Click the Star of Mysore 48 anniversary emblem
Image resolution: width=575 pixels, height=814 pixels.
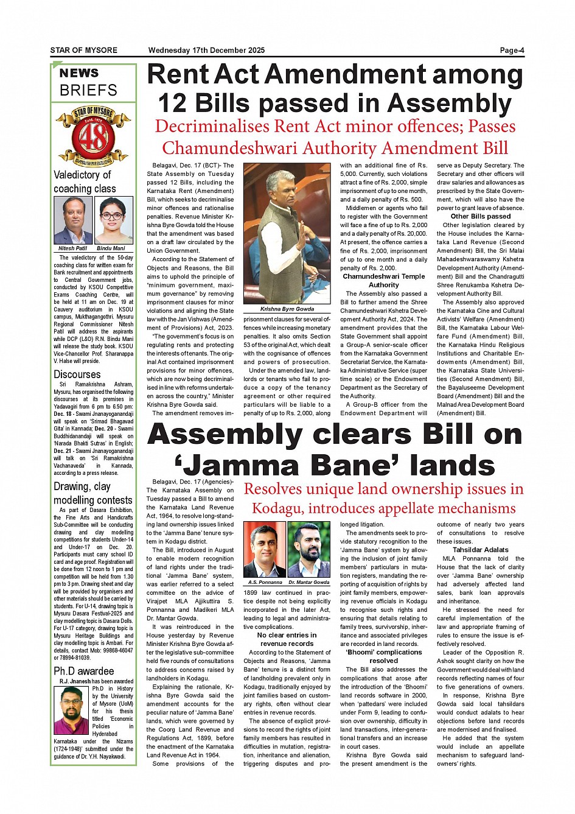pyautogui.click(x=94, y=136)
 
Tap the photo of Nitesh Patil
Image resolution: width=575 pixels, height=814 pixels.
pyautogui.click(x=73, y=220)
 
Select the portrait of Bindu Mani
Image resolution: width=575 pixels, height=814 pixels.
pyautogui.click(x=114, y=220)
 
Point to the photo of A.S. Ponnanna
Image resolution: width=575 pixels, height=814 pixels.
pyautogui.click(x=265, y=550)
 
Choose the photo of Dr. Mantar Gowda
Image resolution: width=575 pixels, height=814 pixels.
pyautogui.click(x=308, y=550)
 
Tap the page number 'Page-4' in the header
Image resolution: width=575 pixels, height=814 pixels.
pyautogui.click(x=511, y=51)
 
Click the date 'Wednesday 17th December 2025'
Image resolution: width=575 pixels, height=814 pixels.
pyautogui.click(x=206, y=51)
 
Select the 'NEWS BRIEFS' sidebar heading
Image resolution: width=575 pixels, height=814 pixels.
pyautogui.click(x=89, y=82)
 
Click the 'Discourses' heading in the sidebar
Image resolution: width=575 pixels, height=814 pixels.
pyautogui.click(x=77, y=374)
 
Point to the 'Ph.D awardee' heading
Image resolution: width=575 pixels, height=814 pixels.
pyautogui.click(x=84, y=671)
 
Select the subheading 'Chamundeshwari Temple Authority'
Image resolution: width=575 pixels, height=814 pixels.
pyautogui.click(x=383, y=280)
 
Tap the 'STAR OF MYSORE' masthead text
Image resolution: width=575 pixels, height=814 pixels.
pyautogui.click(x=84, y=51)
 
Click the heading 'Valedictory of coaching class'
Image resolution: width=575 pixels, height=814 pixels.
pyautogui.click(x=84, y=181)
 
